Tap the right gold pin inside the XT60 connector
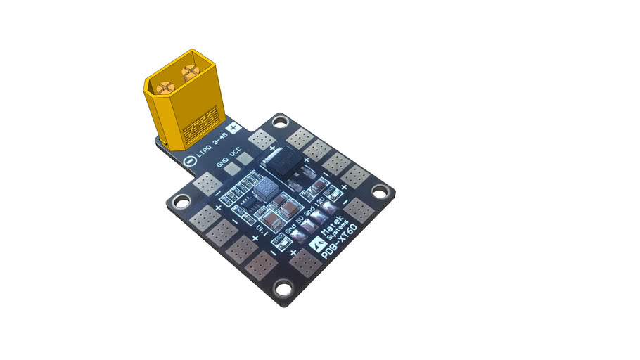click(x=189, y=71)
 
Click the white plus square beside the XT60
click(x=235, y=129)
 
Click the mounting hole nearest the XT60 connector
click(x=281, y=123)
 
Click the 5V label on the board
click(x=300, y=218)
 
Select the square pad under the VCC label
click(x=244, y=159)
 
